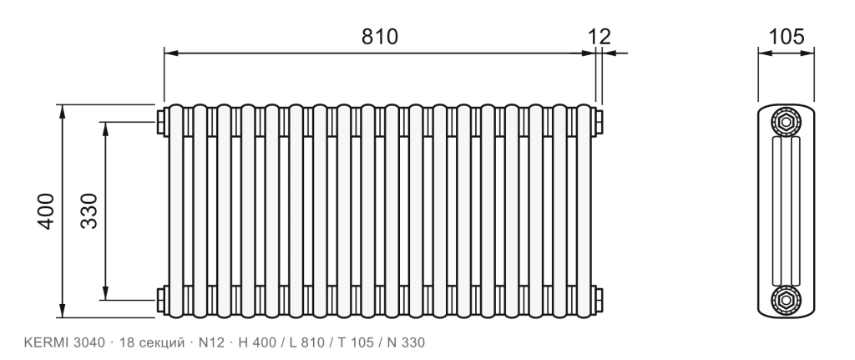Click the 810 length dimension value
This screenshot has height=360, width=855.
[x=380, y=37]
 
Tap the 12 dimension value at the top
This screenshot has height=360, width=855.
[x=600, y=37]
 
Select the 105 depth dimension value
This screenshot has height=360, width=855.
[x=786, y=37]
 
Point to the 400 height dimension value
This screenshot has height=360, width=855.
[x=47, y=211]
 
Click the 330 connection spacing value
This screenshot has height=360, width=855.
[x=89, y=211]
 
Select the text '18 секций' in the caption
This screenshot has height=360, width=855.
[x=152, y=343]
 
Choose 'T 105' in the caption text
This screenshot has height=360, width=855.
[x=356, y=342]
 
